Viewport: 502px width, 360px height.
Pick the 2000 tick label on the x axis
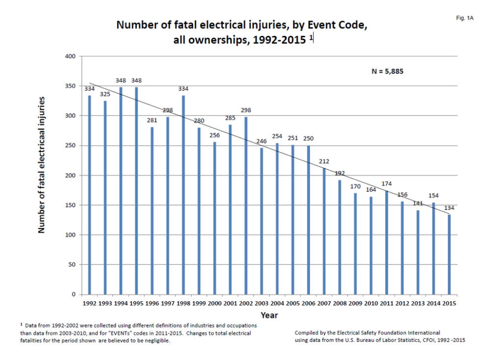coord(215,304)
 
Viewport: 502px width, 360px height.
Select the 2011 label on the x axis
coord(386,304)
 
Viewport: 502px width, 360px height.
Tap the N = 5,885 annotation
coord(387,71)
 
